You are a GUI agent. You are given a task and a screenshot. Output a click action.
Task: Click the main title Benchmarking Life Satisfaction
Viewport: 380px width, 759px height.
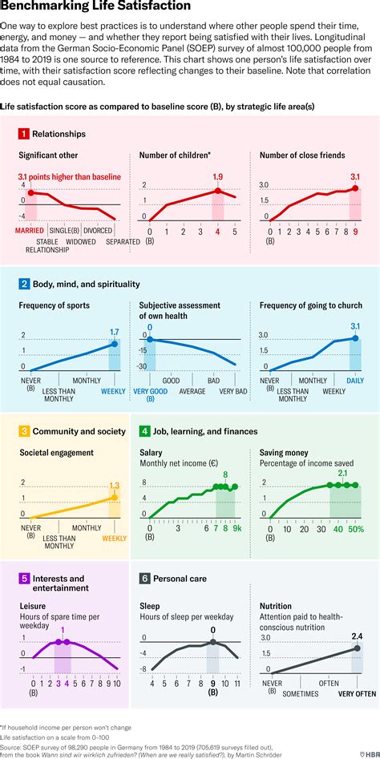(x=95, y=7)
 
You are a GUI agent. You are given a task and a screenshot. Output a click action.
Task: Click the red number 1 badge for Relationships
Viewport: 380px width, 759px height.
(x=24, y=134)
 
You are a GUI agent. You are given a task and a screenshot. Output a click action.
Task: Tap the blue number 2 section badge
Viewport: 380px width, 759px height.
(x=24, y=284)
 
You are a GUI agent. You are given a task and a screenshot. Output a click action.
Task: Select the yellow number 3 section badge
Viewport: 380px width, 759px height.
(x=24, y=431)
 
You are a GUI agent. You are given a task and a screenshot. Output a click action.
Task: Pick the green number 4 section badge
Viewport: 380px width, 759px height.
(x=144, y=431)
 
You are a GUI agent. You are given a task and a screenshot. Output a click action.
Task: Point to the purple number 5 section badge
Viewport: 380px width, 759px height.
(x=24, y=578)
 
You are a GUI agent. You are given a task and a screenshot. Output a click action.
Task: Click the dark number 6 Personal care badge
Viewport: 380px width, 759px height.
(x=144, y=578)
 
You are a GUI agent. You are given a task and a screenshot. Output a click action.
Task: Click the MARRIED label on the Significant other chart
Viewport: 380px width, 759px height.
(x=30, y=231)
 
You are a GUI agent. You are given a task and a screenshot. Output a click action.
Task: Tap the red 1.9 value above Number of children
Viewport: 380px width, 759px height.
(x=216, y=177)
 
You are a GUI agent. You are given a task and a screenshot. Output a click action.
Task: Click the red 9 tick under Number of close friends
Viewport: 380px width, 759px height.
(x=355, y=232)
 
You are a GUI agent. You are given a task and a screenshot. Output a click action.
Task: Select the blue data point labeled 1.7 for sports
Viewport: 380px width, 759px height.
(x=114, y=344)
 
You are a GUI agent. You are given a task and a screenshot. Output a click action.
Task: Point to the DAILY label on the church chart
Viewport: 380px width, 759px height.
(x=354, y=381)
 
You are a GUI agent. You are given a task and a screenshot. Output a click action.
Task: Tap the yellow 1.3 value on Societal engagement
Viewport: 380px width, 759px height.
(x=114, y=485)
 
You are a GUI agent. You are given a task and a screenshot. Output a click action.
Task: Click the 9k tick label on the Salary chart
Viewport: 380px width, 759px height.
(x=235, y=528)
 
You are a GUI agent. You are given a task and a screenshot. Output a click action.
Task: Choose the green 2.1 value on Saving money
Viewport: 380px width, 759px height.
(x=342, y=474)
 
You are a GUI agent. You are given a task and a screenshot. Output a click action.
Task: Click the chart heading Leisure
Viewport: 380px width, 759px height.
(x=32, y=607)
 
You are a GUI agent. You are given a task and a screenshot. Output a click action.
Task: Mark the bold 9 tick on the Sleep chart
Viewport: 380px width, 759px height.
(x=212, y=684)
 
